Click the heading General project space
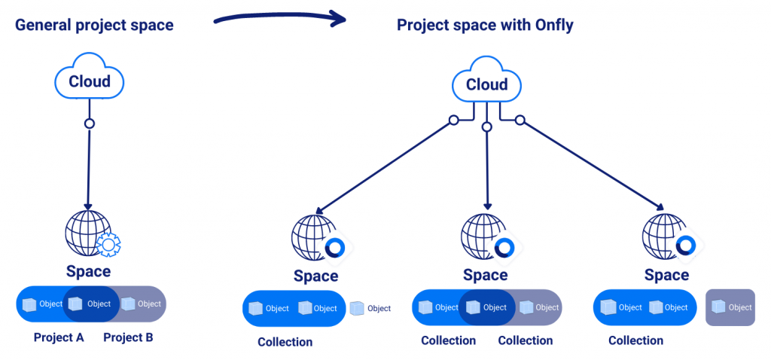94,25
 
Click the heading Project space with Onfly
485,25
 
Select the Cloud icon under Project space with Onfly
487,83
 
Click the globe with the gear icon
90,234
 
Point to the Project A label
59,337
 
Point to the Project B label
128,337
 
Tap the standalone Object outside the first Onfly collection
370,308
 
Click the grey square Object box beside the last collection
730,307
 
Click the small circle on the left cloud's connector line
90,124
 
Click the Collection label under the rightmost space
635,340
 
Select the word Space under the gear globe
88,271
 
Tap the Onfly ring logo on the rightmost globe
686,246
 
